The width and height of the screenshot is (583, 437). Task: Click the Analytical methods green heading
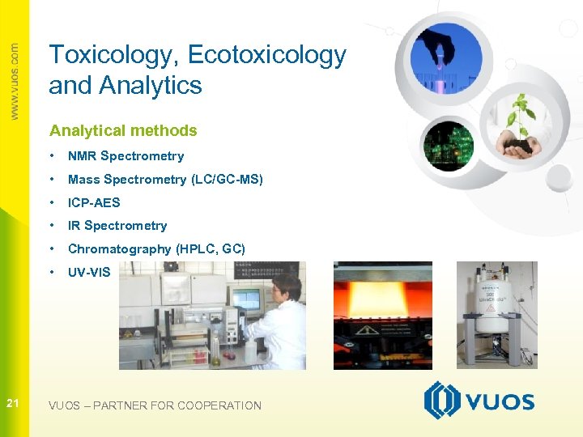[x=123, y=130]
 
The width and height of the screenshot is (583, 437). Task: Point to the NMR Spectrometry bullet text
[x=126, y=156]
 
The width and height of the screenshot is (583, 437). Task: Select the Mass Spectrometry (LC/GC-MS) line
[x=165, y=180]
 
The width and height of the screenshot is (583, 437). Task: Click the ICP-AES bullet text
[x=94, y=202]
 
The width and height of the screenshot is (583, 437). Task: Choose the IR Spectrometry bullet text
[x=117, y=226]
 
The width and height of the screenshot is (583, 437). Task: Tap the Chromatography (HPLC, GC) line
[x=156, y=249]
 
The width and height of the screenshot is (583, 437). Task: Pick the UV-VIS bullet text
[x=89, y=273]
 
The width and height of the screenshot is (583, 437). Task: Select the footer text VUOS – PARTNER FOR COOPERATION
[x=155, y=405]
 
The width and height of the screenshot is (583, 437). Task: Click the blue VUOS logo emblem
[x=442, y=401]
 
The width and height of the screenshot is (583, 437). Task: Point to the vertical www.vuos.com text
[x=14, y=81]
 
